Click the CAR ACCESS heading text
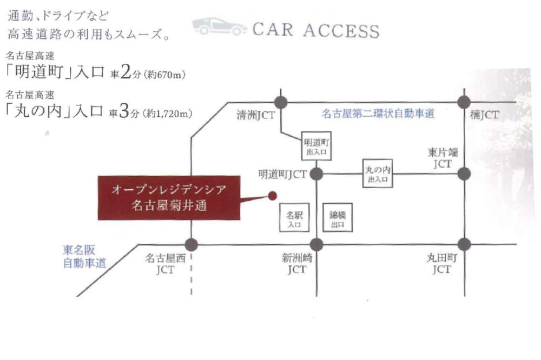[x=315, y=30]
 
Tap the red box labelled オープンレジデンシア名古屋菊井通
[x=168, y=197]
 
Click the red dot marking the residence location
[x=273, y=196]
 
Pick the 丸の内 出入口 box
[x=378, y=174]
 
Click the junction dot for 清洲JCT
[x=280, y=102]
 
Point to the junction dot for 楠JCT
[x=464, y=102]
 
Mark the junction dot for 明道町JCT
[x=316, y=174]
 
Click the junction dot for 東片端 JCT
[x=464, y=174]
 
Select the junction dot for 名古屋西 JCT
[x=191, y=244]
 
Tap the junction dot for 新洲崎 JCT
[x=316, y=244]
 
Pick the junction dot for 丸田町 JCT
[x=464, y=244]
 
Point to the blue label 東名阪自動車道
[x=84, y=257]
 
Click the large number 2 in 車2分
[x=125, y=72]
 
